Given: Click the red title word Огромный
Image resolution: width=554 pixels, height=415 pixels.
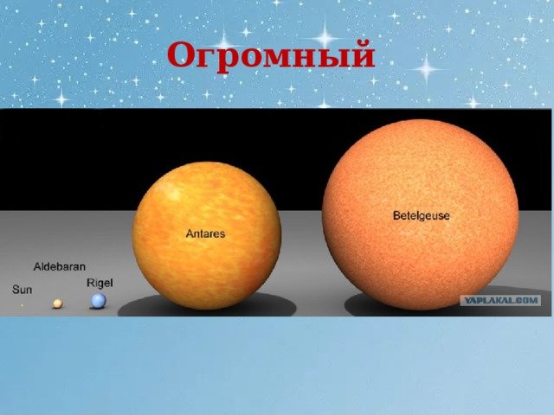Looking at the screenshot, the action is click(x=271, y=55).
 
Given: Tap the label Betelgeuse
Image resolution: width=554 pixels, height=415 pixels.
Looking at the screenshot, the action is click(x=422, y=215).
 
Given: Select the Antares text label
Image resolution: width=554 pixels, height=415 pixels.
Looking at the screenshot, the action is click(x=205, y=233).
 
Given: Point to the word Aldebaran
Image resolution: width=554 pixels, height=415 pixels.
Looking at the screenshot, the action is click(x=60, y=267).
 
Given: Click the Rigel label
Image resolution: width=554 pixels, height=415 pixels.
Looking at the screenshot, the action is click(x=100, y=284).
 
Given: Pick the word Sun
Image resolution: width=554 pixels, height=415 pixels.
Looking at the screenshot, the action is click(x=22, y=290).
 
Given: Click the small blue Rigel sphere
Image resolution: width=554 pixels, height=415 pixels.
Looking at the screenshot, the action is click(x=99, y=301).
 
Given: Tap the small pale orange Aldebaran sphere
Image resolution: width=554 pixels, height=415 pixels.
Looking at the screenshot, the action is click(x=58, y=303).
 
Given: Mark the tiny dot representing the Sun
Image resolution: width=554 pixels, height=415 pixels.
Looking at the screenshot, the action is click(x=22, y=305).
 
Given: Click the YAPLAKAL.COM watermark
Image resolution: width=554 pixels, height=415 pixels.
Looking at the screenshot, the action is click(x=500, y=300).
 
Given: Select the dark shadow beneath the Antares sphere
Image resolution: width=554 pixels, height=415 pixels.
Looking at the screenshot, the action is click(x=207, y=306).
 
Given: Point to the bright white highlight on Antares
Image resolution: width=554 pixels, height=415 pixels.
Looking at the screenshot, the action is click(x=171, y=192).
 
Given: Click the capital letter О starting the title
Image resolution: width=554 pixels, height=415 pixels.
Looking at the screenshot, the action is click(x=182, y=56).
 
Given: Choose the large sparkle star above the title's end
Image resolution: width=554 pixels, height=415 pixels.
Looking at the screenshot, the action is click(x=325, y=36).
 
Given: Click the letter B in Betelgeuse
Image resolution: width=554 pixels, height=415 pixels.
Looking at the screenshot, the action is click(x=396, y=215).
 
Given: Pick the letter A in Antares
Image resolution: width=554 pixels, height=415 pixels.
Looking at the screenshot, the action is click(x=190, y=233).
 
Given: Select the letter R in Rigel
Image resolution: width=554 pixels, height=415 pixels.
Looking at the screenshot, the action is click(x=90, y=283).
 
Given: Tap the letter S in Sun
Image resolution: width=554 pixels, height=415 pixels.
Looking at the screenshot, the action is click(x=16, y=290).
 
